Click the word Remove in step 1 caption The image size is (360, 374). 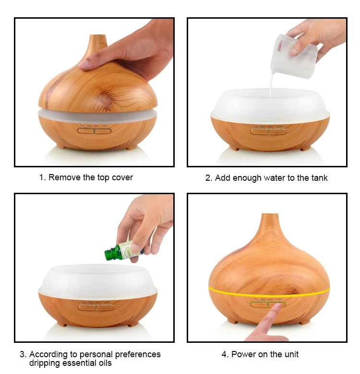coord(64,177)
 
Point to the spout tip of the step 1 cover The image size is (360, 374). coord(99,38)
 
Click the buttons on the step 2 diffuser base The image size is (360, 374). coord(265,130)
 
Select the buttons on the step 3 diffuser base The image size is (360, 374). coord(96,306)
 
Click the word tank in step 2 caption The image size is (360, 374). coord(319,178)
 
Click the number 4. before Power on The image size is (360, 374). coord(225,354)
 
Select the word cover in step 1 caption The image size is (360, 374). coord(122,177)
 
